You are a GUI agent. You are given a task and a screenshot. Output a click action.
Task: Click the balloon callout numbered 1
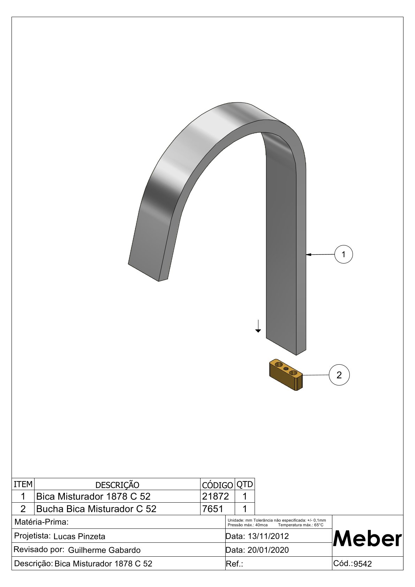click(344, 254)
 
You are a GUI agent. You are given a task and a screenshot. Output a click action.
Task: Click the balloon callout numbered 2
click(339, 375)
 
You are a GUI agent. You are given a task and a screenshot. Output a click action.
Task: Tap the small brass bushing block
click(286, 375)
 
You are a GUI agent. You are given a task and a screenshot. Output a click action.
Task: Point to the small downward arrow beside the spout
click(258, 326)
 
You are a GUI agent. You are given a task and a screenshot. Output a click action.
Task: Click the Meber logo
click(367, 539)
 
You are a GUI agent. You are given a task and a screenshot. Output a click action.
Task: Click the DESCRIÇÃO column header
click(117, 485)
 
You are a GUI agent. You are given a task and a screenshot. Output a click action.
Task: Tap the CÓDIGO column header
click(217, 485)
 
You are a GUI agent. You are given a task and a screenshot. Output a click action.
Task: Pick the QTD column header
click(244, 484)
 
